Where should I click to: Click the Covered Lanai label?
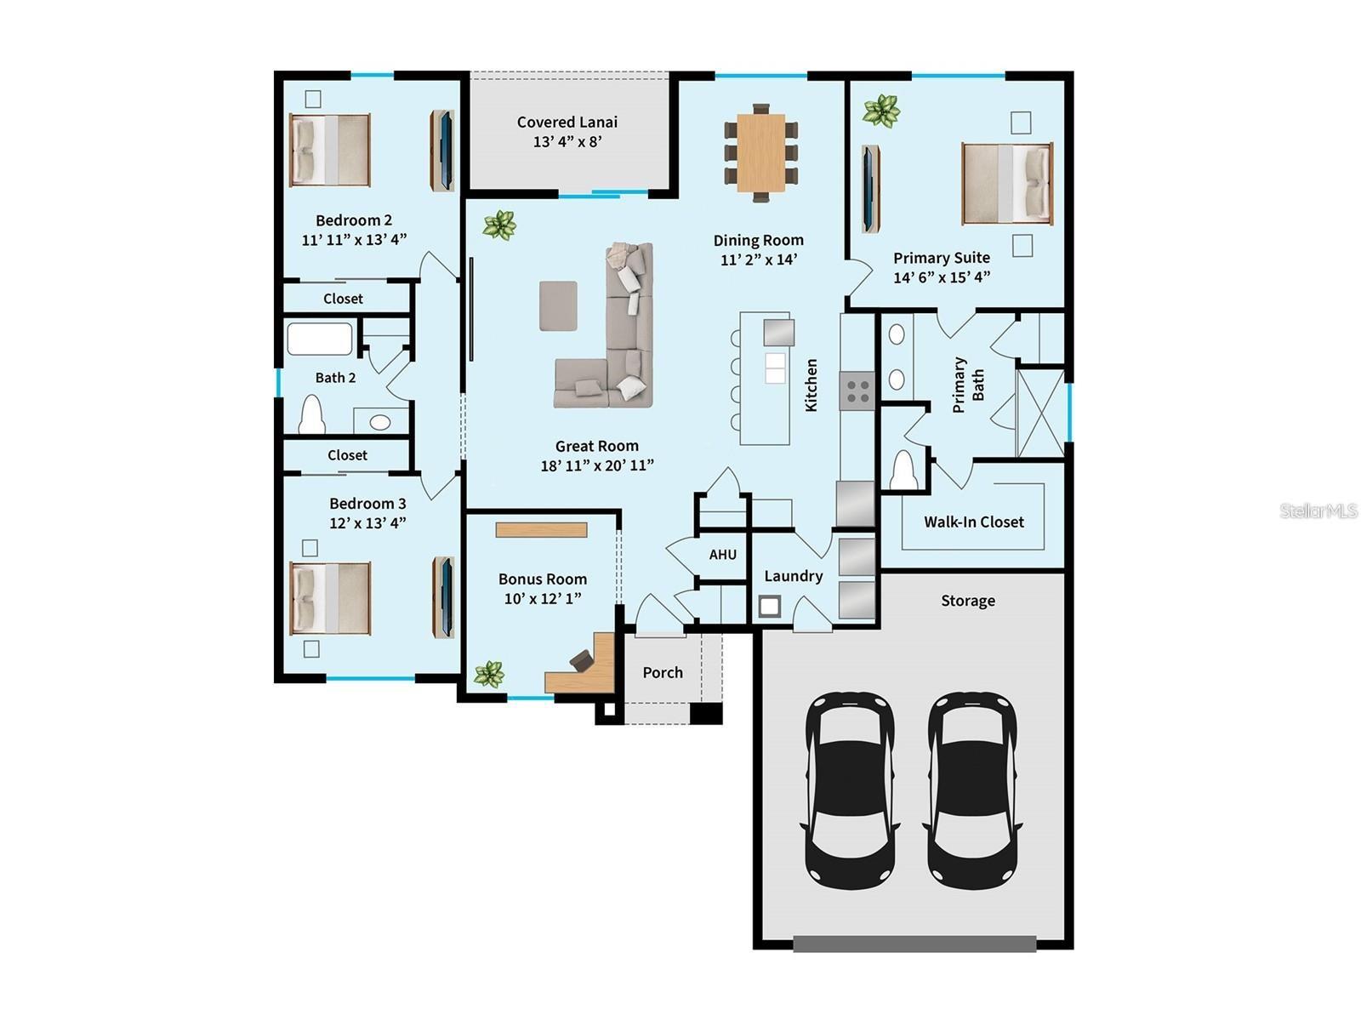pos(567,123)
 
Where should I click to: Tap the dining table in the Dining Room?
pos(761,153)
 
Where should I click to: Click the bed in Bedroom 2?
pos(330,150)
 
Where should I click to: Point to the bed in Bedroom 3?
pos(330,597)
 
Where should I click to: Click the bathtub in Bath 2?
pos(320,339)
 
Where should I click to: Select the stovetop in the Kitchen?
pos(857,391)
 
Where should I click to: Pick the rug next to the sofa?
pos(558,305)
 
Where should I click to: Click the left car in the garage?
pos(850,790)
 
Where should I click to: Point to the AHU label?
pos(723,555)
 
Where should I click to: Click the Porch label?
pos(663,673)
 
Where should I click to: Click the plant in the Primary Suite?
pos(881,111)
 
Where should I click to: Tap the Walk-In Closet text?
pos(974,522)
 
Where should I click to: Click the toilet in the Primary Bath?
pos(903,471)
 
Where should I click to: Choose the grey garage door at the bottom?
pos(914,943)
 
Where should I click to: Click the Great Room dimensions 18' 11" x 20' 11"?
pos(597,465)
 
